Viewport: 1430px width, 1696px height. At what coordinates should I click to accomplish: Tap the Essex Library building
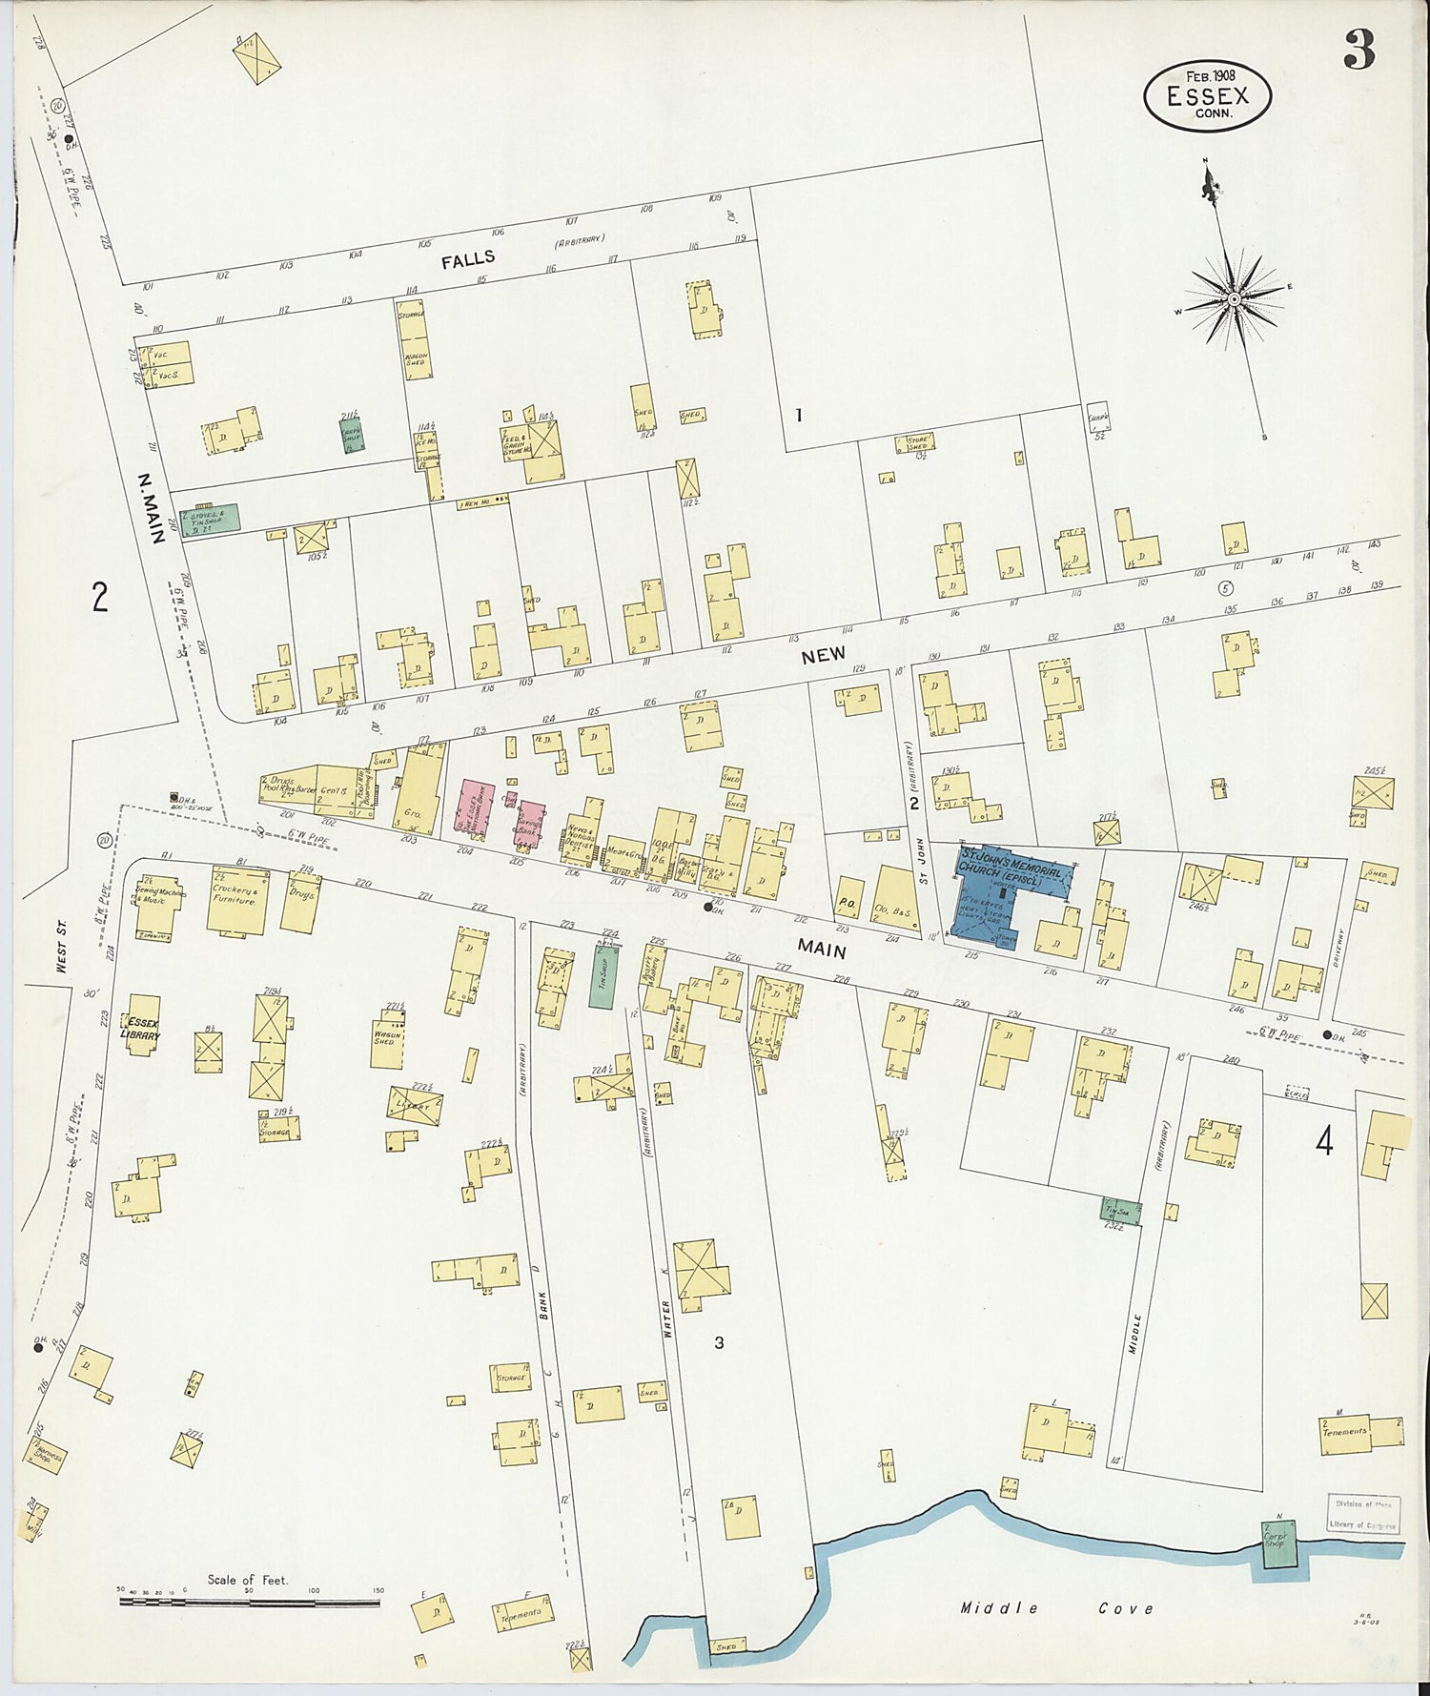[143, 1028]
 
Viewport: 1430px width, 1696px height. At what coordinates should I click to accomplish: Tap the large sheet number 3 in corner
[1358, 51]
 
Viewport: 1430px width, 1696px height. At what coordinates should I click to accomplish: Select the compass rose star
[1234, 298]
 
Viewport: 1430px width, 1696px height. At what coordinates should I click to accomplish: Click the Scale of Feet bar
[250, 1602]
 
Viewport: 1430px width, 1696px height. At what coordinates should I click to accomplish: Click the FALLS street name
[468, 258]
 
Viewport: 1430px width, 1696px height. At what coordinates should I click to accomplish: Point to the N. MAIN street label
[151, 508]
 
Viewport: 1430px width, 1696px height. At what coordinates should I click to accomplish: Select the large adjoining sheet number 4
[1324, 1140]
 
